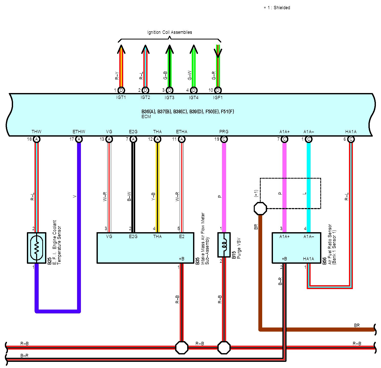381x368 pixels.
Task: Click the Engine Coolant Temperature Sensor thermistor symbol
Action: pos(36,248)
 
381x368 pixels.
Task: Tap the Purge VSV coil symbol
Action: pos(224,245)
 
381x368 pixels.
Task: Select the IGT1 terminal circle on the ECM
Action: pos(121,90)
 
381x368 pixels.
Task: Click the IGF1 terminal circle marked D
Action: pos(218,90)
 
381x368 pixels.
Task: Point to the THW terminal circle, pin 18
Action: pos(37,139)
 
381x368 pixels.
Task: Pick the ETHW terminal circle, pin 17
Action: pos(79,139)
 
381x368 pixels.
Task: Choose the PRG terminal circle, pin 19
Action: pos(224,139)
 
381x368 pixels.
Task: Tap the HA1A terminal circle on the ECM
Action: pos(351,139)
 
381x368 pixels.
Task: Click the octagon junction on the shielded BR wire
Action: pos(260,208)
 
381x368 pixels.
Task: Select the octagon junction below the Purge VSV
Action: pos(224,347)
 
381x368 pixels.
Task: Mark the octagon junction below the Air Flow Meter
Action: pos(182,347)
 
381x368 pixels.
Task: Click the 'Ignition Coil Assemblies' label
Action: pos(170,32)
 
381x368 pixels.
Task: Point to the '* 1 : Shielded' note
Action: pos(277,8)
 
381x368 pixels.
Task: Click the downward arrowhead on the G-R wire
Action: pos(218,53)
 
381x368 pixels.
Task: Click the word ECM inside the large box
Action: pos(146,117)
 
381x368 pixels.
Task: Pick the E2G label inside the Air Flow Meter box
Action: pos(133,237)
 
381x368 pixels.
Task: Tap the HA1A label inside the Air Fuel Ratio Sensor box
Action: pos(308,259)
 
